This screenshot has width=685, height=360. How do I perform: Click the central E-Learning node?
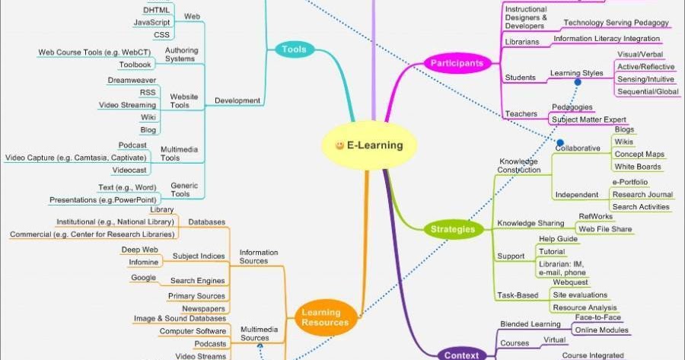click(368, 145)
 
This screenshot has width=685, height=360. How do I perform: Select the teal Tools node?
click(294, 49)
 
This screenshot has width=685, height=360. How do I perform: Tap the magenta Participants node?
click(456, 64)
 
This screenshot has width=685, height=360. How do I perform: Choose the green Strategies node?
click(453, 229)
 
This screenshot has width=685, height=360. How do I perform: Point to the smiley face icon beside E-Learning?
click(339, 145)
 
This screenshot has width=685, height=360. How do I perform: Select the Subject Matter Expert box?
click(588, 119)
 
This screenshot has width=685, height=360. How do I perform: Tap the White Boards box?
click(639, 167)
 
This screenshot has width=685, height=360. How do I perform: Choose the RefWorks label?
click(595, 217)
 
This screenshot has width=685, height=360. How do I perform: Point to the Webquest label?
click(569, 282)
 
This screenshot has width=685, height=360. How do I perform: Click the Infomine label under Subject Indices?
click(144, 263)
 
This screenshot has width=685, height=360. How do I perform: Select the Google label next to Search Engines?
click(143, 278)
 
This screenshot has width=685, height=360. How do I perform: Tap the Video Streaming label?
click(127, 104)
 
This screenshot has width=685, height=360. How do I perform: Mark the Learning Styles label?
click(576, 73)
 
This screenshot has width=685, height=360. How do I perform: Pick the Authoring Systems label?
click(180, 53)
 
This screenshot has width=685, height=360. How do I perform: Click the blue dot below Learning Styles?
click(578, 81)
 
